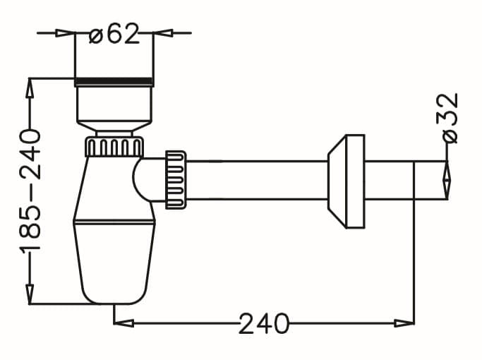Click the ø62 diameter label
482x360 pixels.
[x=114, y=33]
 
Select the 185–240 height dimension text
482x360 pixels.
[x=30, y=191]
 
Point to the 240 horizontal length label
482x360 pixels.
[x=264, y=323]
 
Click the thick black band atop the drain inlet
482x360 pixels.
[x=114, y=81]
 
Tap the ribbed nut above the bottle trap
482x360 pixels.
[x=114, y=146]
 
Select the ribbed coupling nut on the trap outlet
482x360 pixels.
[x=176, y=180]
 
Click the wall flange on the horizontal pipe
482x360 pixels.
[x=346, y=181]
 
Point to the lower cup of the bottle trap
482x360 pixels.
[x=114, y=262]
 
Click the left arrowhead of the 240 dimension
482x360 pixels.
[x=123, y=323]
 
